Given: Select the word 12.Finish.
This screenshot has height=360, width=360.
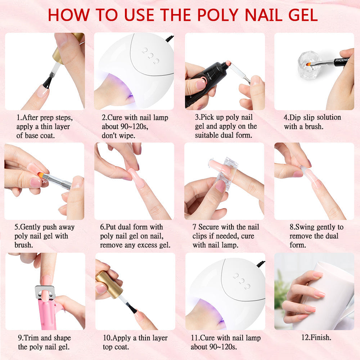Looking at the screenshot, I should tap(316, 338).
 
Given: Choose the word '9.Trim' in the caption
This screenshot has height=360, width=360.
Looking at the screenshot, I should tap(29, 338).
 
